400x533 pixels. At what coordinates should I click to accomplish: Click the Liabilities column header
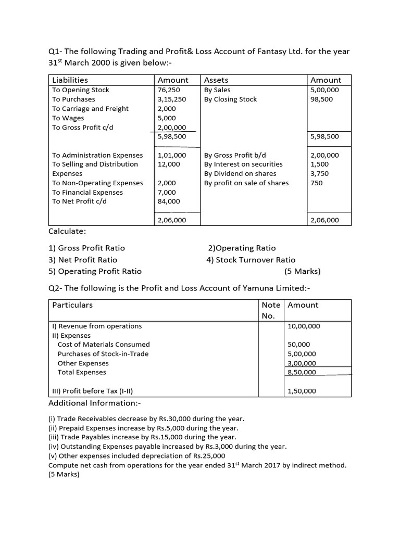(70, 80)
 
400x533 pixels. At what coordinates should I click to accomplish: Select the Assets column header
(216, 80)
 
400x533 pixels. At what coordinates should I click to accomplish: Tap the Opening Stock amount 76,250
(168, 90)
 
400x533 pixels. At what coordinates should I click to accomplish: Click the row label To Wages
(68, 118)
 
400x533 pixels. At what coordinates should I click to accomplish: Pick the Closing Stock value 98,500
(320, 99)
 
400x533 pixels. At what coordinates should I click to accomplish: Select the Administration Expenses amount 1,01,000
(171, 155)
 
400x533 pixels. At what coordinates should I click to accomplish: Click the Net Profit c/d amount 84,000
(168, 201)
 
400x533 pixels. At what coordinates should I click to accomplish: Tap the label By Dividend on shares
(240, 174)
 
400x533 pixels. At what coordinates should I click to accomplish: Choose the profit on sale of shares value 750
(316, 183)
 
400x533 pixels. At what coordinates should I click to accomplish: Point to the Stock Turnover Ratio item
(251, 260)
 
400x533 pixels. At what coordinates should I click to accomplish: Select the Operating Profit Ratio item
(95, 271)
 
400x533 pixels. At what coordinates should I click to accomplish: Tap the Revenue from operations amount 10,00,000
(304, 326)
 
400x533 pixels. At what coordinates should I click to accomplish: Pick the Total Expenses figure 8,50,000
(302, 373)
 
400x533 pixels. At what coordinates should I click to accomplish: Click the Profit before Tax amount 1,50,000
(302, 391)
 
